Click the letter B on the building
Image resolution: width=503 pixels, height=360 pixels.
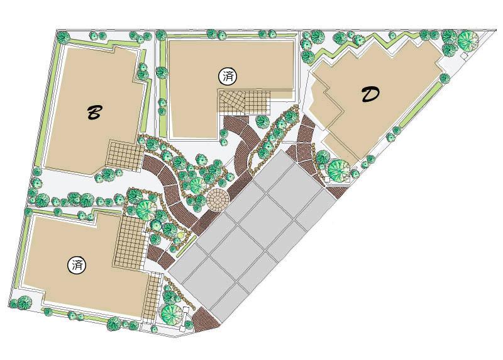(x=94, y=113)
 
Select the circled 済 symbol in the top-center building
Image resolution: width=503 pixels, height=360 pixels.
(x=227, y=76)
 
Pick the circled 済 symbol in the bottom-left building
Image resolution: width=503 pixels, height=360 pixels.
(x=76, y=265)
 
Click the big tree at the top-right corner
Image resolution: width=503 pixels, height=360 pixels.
(x=468, y=42)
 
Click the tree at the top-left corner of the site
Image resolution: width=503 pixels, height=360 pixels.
(x=62, y=37)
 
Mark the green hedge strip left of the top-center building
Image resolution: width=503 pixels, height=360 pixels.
(x=162, y=82)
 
